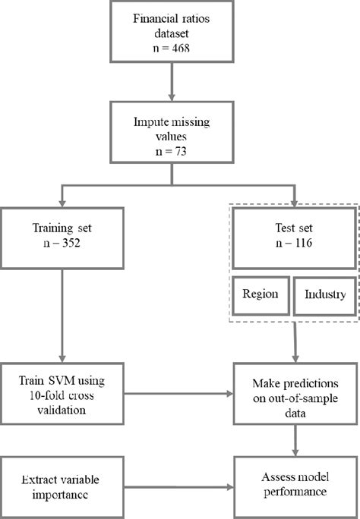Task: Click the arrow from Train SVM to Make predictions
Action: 178,394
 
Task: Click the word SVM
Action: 66,379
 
